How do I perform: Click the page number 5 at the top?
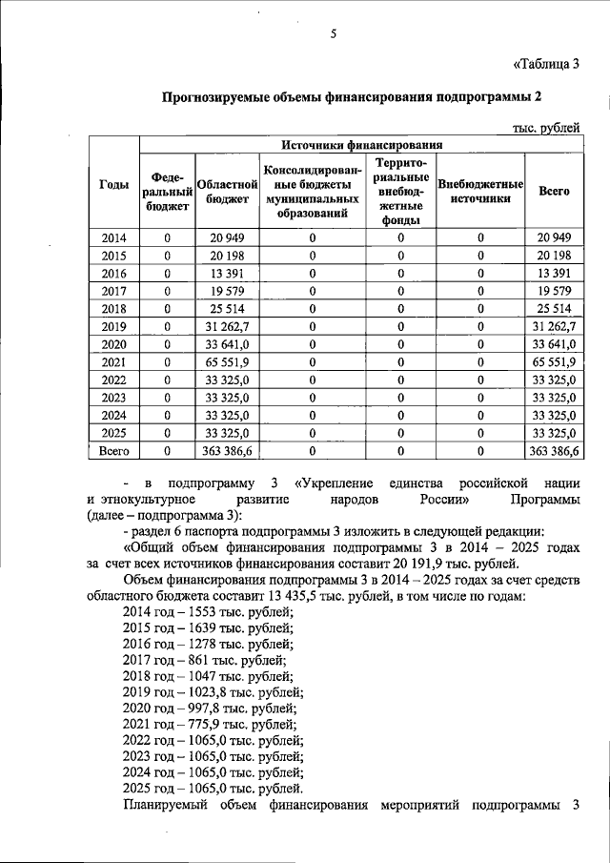pos(334,35)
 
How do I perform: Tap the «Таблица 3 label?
pos(546,65)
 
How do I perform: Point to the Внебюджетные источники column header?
pos(480,191)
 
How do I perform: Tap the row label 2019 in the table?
pos(114,327)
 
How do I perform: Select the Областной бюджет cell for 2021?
pos(228,362)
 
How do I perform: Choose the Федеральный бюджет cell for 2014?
pos(168,237)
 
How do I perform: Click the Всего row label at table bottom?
pos(114,452)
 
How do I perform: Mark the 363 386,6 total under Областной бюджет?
pos(228,452)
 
